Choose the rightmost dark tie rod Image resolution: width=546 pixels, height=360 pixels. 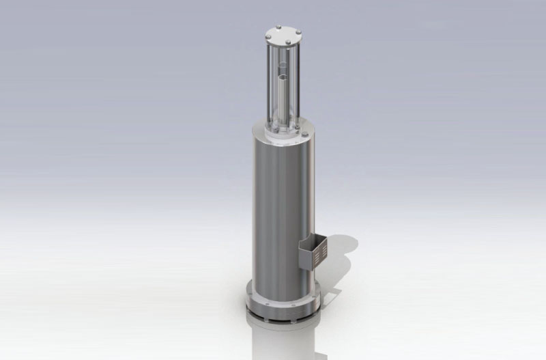[298, 85]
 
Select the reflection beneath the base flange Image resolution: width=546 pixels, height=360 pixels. [283, 338]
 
